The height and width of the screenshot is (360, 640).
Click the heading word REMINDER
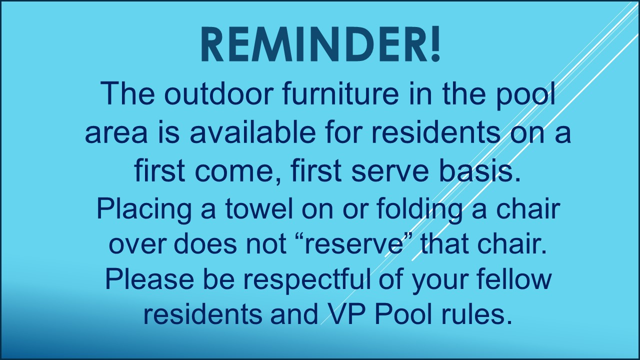click(314, 44)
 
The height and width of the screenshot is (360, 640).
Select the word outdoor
click(218, 93)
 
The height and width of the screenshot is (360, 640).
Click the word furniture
click(341, 93)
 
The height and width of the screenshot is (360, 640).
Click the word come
click(234, 172)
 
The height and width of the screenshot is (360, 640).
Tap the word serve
click(390, 172)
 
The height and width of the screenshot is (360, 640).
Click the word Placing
click(144, 210)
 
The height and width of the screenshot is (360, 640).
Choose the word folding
click(419, 210)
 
